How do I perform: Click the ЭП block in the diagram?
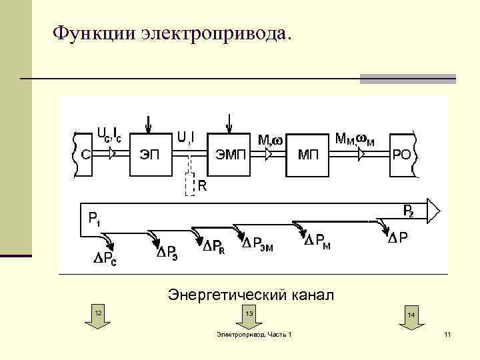pos(149,155)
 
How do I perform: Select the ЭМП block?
pos(230,155)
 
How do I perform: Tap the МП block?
pos(308,155)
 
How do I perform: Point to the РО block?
pos(401,155)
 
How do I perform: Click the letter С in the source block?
pos(86,155)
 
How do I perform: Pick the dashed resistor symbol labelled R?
pos(190,185)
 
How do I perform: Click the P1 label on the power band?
pos(94,218)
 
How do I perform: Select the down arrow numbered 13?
pos(249,318)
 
